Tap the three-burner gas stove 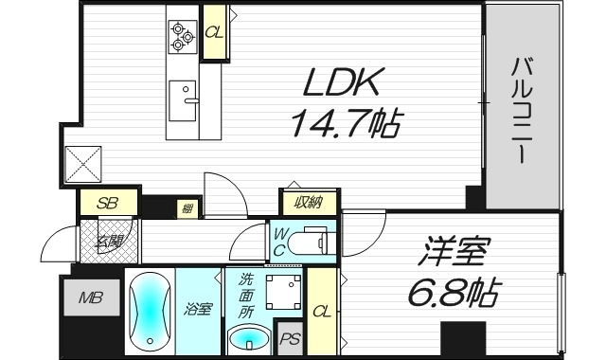[x=182, y=37]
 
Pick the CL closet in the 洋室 [x=321, y=311]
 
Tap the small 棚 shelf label [x=187, y=207]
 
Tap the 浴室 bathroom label [x=197, y=310]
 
